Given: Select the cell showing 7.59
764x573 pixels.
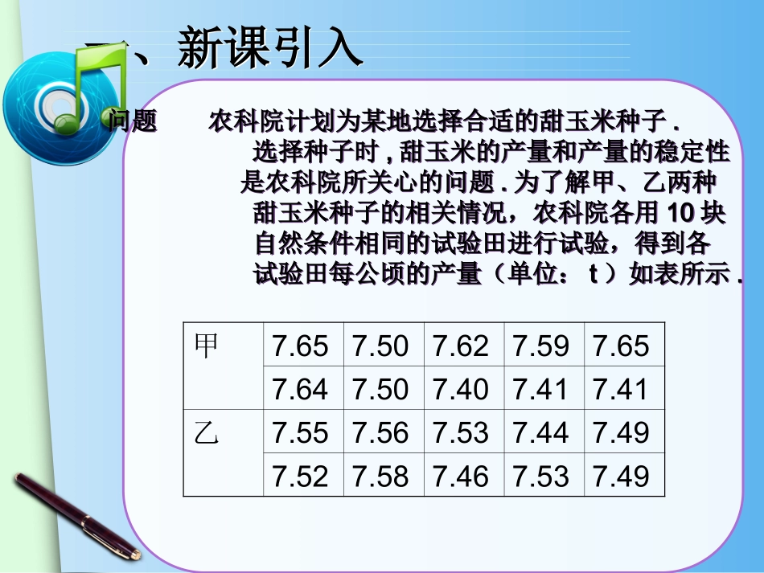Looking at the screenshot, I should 541,346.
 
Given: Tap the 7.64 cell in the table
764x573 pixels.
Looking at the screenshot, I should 301,390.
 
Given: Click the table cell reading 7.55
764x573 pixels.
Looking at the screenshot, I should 301,433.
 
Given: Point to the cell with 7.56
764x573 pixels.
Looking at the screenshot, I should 381,433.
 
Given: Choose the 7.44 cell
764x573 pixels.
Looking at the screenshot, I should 541,433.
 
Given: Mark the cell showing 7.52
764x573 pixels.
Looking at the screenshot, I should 301,477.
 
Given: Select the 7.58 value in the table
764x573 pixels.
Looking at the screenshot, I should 381,477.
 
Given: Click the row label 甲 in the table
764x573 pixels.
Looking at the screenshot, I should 207,346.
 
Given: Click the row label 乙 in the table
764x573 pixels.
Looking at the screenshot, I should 207,433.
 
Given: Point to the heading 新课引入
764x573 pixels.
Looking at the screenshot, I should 269,48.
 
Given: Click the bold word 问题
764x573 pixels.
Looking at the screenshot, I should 133,122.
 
